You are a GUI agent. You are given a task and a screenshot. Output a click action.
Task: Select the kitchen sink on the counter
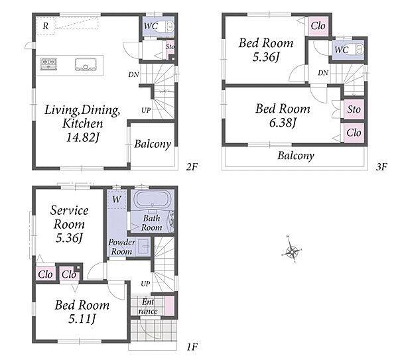[86, 64]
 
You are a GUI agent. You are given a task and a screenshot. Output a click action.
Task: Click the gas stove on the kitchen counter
[48, 64]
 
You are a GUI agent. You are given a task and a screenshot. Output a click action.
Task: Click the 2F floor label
[192, 166]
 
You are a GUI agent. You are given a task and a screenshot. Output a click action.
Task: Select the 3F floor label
[381, 166]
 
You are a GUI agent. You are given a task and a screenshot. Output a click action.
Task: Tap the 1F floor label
[192, 347]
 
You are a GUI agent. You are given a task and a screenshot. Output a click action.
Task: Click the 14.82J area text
[82, 137]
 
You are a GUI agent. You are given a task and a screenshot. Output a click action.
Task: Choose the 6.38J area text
[283, 123]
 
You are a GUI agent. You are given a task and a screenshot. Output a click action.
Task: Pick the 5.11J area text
[82, 319]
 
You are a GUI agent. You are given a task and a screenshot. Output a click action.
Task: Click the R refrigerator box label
[45, 26]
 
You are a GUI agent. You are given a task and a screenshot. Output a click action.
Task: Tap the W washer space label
[117, 199]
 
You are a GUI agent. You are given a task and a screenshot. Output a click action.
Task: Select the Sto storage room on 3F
[354, 109]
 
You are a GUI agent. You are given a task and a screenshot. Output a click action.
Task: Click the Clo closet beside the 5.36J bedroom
[318, 26]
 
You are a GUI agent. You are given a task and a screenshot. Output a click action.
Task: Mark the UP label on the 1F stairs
[145, 284]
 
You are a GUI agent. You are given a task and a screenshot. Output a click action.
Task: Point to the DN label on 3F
[323, 73]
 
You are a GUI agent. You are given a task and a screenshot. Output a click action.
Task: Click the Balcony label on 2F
[153, 144]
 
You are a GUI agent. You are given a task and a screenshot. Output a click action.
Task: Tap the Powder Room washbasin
[144, 247]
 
